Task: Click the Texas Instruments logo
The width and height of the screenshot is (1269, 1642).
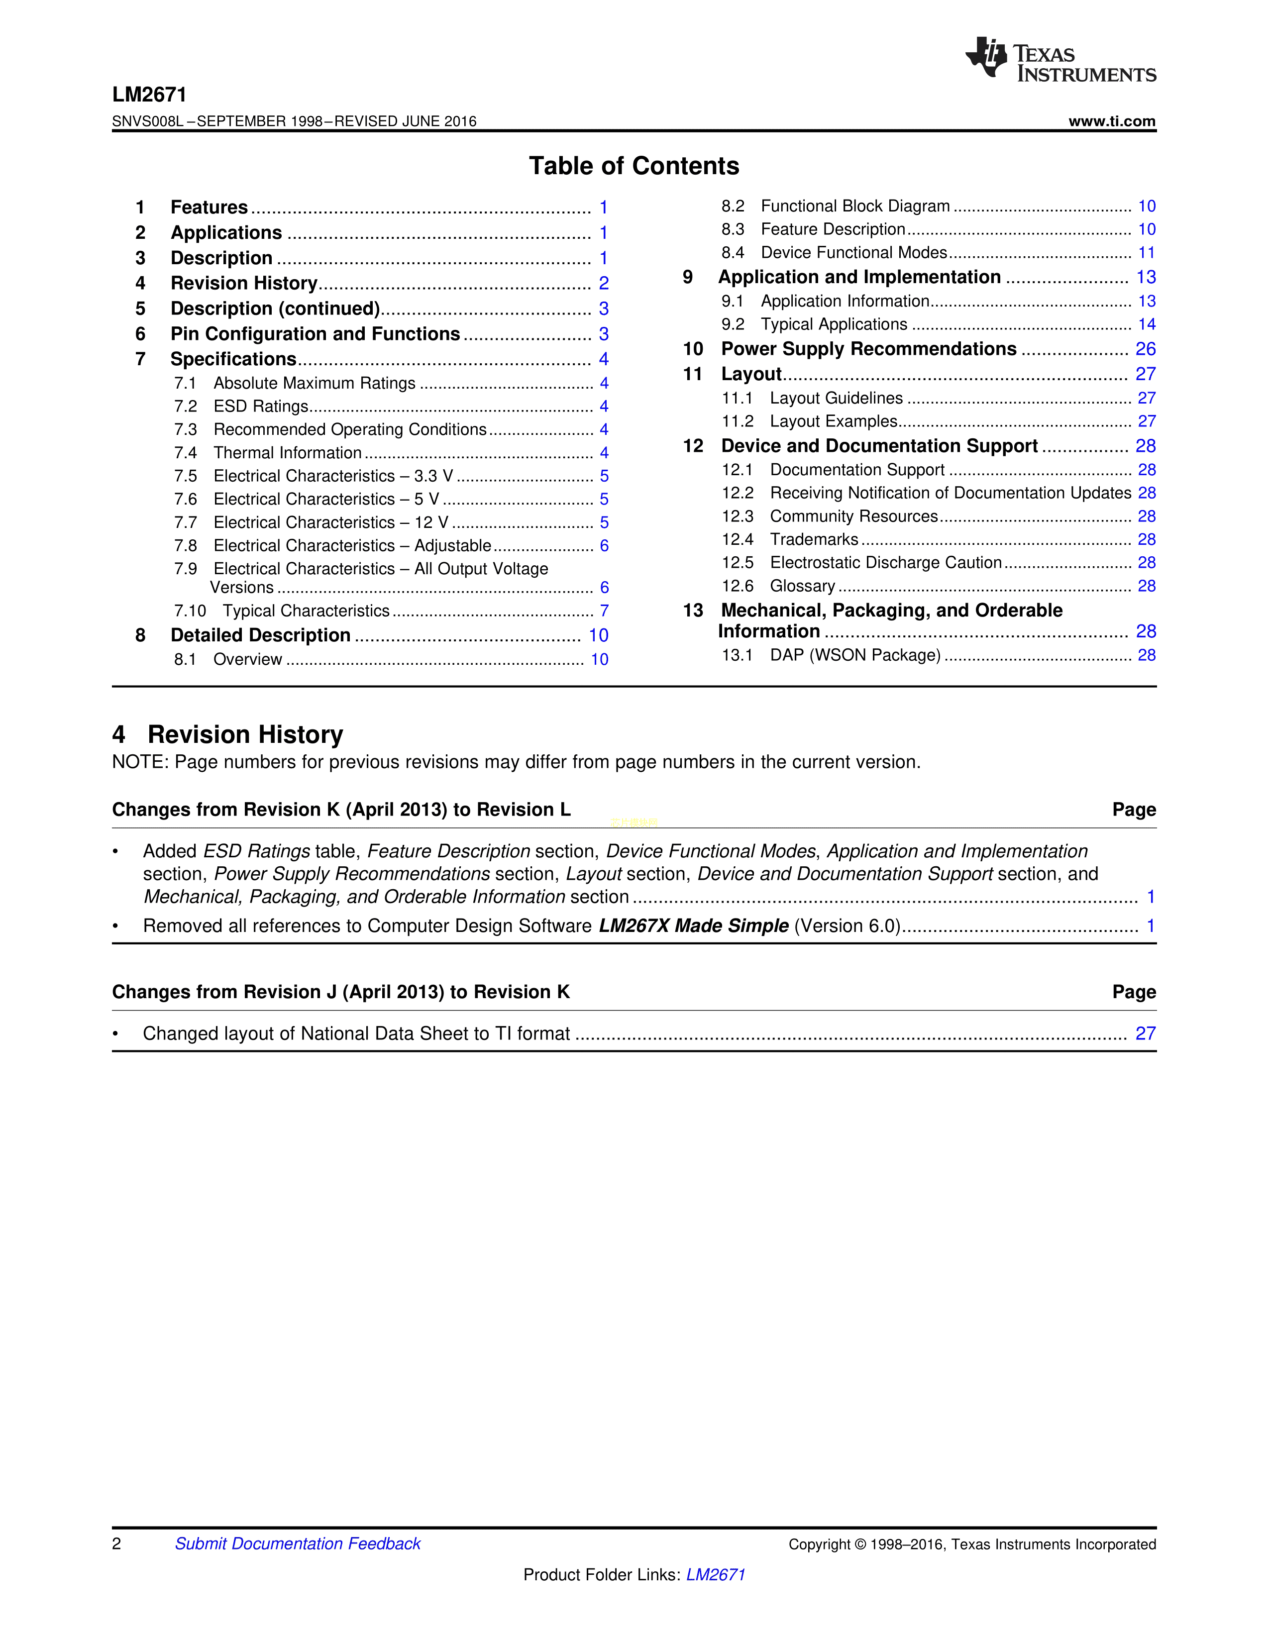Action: (1060, 59)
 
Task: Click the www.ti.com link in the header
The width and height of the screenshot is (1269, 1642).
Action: (1111, 121)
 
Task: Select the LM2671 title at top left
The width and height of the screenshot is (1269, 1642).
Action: (149, 95)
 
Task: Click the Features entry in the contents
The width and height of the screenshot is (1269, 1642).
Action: (209, 207)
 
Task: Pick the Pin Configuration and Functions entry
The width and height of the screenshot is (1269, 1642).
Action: (315, 334)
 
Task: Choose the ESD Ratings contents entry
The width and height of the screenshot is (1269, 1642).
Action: (261, 407)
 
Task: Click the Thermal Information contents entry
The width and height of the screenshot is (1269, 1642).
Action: (287, 453)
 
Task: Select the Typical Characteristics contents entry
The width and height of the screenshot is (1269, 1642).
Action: (306, 611)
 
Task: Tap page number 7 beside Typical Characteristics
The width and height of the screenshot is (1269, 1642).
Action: (604, 611)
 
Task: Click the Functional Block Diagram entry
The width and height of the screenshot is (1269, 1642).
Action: (855, 206)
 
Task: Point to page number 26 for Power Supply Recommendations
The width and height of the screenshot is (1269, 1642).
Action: (1145, 349)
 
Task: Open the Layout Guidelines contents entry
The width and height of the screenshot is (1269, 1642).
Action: (836, 399)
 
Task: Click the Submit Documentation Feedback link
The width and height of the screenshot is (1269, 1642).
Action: (298, 1543)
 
